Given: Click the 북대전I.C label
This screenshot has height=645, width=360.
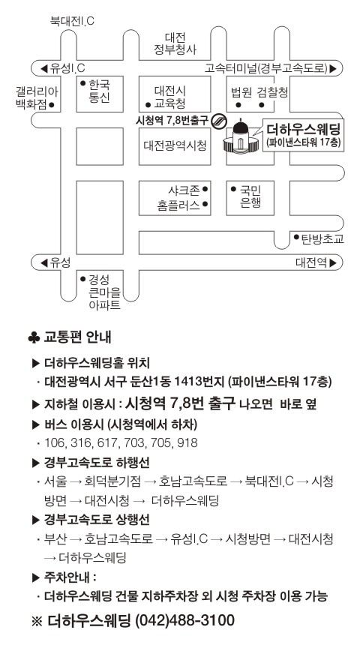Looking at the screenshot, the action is pyautogui.click(x=72, y=21).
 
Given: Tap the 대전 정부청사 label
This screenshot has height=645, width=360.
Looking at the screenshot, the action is pyautogui.click(x=175, y=44).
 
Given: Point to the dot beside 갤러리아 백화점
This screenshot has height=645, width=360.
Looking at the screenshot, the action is pyautogui.click(x=52, y=104).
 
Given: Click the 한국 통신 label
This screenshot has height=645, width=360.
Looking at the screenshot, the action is pyautogui.click(x=99, y=91).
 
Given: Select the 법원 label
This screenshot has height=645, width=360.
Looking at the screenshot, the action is pyautogui.click(x=241, y=92).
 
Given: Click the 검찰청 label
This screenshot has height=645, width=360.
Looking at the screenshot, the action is pyautogui.click(x=272, y=92).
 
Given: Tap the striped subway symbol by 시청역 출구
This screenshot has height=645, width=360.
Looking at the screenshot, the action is pyautogui.click(x=218, y=121).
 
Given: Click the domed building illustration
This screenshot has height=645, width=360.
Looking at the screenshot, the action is pyautogui.click(x=241, y=138).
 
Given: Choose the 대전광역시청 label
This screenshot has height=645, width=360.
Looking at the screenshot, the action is pyautogui.click(x=175, y=145).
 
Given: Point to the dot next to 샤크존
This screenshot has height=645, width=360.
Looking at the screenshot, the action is pyautogui.click(x=205, y=190).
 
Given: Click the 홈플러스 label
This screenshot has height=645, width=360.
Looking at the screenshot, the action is pyautogui.click(x=178, y=205).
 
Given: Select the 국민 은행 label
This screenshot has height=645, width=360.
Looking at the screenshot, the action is pyautogui.click(x=250, y=196).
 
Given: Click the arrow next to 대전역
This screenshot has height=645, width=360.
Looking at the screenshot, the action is pyautogui.click(x=333, y=262).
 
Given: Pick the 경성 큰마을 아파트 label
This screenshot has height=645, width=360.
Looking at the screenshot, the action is pyautogui.click(x=105, y=292).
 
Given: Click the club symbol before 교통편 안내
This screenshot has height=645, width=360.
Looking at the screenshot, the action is pyautogui.click(x=34, y=338).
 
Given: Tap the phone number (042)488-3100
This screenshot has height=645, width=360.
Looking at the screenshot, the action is pyautogui.click(x=184, y=619).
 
